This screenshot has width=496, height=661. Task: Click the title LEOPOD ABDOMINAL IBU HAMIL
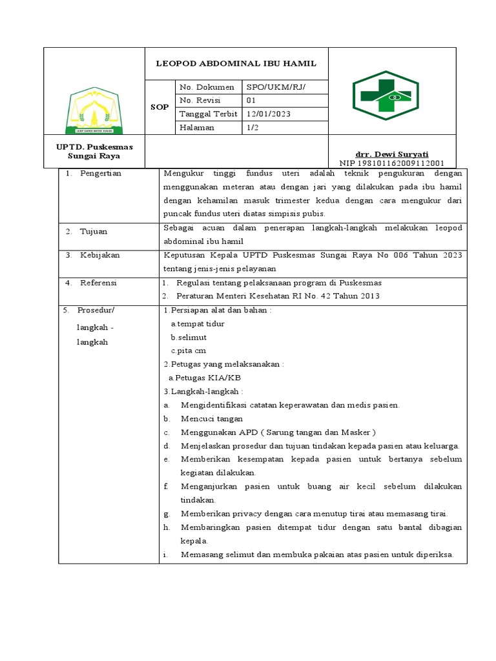pyautogui.click(x=236, y=63)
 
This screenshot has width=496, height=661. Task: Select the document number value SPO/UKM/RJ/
pyautogui.click(x=273, y=86)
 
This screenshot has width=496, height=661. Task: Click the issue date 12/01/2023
pyautogui.click(x=269, y=114)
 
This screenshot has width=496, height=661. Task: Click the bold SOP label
pyautogui.click(x=159, y=107)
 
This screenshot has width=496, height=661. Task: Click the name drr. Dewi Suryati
pyautogui.click(x=392, y=154)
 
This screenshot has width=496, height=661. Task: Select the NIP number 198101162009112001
pyautogui.click(x=392, y=163)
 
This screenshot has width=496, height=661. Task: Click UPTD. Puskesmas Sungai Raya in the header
pyautogui.click(x=94, y=152)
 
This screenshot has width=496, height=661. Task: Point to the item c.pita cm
pyautogui.click(x=188, y=351)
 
